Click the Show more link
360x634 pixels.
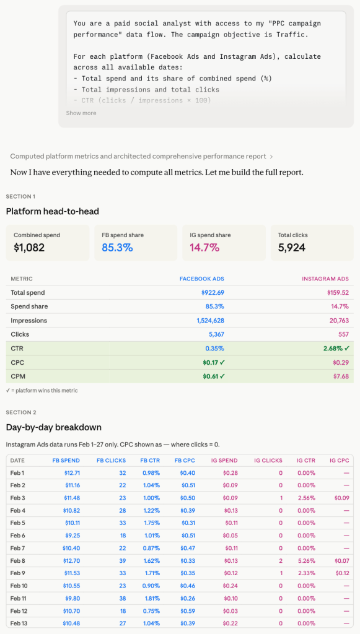(81, 113)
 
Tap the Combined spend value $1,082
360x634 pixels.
(29, 248)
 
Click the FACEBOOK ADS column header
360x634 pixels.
(201, 279)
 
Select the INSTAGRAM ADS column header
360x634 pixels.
(326, 279)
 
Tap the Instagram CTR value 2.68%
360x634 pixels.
(335, 349)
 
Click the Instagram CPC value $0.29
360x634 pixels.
(341, 362)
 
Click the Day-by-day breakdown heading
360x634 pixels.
(53, 427)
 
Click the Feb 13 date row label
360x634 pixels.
(19, 623)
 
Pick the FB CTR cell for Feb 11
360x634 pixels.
(151, 598)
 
